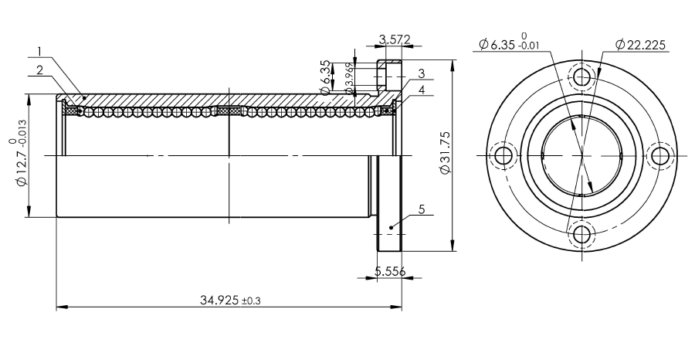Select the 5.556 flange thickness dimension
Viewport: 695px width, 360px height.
390,271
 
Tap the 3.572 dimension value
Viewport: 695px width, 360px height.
395,39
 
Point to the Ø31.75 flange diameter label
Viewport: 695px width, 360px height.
445,151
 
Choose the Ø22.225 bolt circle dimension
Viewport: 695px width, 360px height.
640,44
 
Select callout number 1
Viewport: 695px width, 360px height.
39,52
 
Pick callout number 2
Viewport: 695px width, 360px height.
40,70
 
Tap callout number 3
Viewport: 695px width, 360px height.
422,73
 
